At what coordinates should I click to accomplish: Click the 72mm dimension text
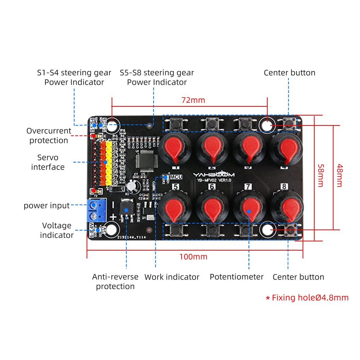193,100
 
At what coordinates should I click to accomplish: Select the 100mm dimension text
193,257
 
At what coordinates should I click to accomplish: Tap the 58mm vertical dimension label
320,175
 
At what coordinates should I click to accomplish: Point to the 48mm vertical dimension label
339,175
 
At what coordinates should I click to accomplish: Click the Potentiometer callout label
237,277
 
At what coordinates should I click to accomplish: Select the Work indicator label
172,277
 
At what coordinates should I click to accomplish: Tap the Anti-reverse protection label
115,282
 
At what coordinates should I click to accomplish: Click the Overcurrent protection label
48,136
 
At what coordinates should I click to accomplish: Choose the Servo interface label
48,162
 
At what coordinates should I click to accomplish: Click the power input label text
47,206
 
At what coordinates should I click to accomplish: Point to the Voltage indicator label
57,230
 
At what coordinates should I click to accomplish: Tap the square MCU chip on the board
146,160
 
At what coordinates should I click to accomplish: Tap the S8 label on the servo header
115,182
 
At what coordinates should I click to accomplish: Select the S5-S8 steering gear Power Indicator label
157,77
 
